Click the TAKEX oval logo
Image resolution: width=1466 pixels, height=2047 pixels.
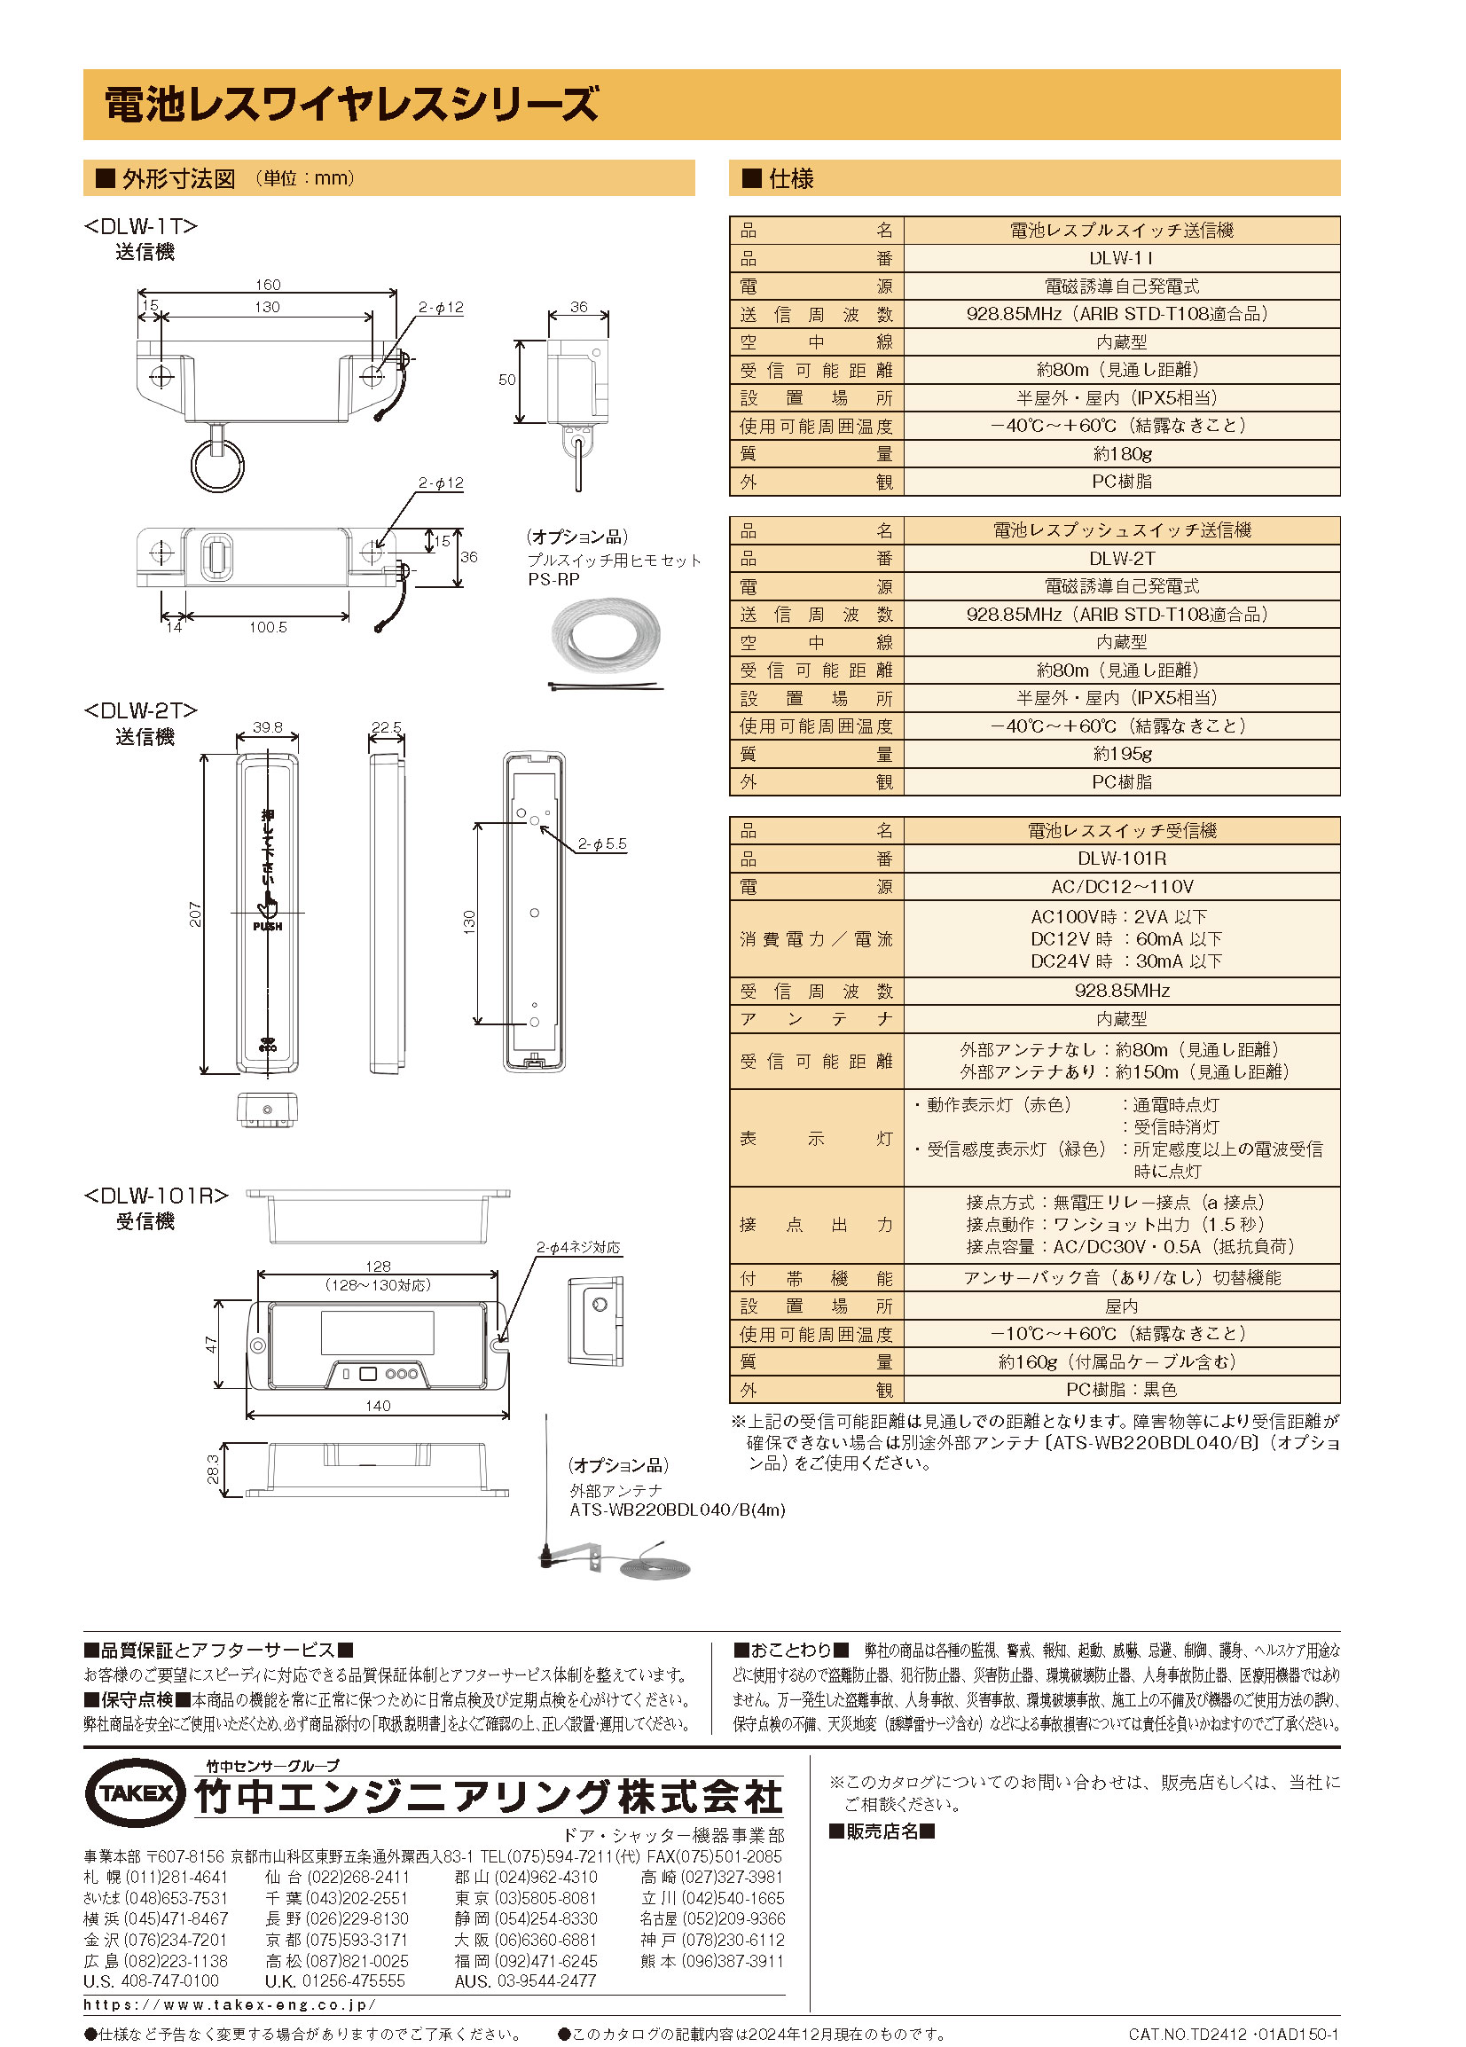pos(135,1792)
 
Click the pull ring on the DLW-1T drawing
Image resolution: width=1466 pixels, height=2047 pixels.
pos(217,465)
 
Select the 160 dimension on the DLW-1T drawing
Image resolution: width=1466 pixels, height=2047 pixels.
pos(267,286)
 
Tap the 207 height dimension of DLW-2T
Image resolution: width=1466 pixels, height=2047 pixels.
pos(195,914)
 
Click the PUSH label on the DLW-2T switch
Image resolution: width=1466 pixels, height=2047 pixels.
pos(267,926)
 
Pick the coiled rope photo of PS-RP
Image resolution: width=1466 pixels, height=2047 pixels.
pos(606,635)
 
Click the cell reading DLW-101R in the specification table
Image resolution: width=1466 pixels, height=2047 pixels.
pos(1121,859)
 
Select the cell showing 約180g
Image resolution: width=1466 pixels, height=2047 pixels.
pos(1121,454)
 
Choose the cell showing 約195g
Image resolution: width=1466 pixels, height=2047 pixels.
pos(1121,754)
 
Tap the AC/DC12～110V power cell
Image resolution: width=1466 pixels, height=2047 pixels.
pos(1121,886)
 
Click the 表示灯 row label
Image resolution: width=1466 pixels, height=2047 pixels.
pos(815,1138)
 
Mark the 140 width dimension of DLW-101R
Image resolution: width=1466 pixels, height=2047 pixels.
pos(377,1405)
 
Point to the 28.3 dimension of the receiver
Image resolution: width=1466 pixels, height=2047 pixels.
pos(213,1470)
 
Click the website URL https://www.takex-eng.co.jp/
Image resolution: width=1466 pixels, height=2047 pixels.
pos(231,2004)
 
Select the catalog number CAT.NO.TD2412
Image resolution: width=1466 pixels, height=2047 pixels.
pos(1233,2035)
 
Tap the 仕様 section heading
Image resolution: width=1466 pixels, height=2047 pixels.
pos(790,178)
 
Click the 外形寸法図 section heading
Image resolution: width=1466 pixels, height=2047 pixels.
pos(179,178)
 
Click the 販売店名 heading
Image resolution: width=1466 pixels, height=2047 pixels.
pos(881,1831)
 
